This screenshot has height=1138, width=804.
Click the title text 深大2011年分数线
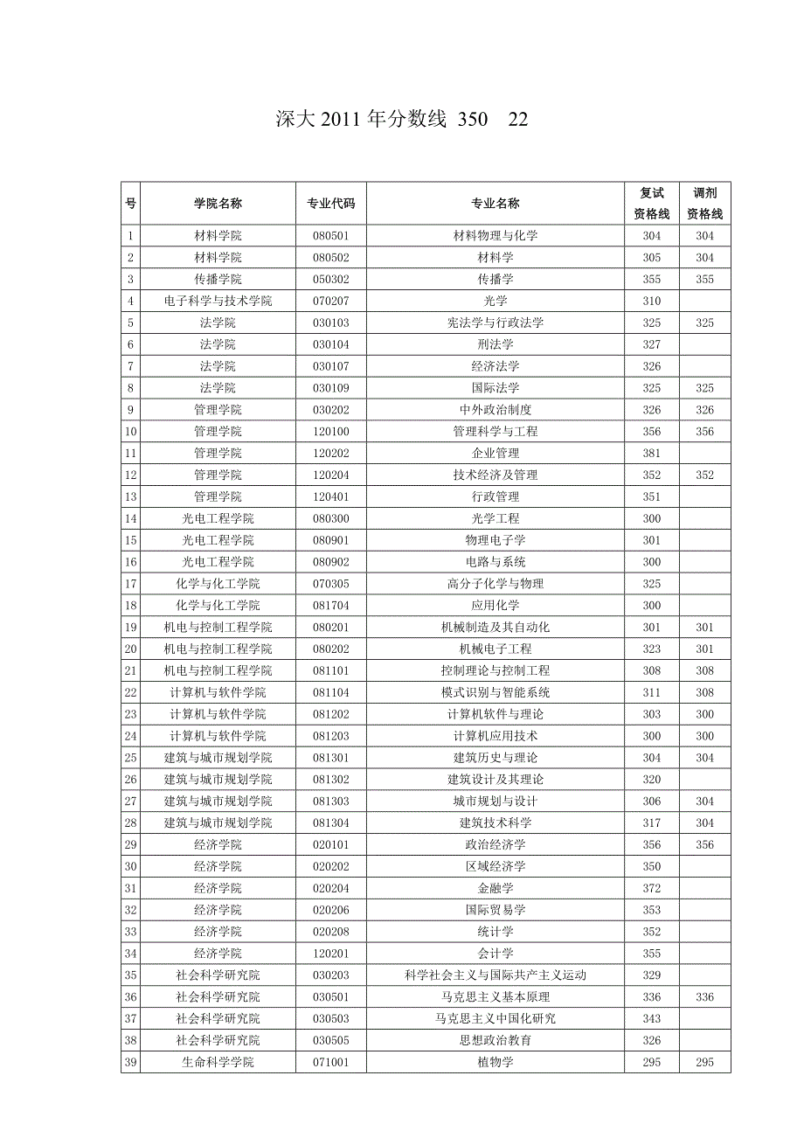pos(361,121)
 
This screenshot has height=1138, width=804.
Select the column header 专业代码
pos(331,204)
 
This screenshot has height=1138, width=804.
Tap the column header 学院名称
pos(218,204)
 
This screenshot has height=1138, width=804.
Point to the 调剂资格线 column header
pos(704,204)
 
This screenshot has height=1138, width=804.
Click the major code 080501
pos(331,236)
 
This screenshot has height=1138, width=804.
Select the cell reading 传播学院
pos(218,280)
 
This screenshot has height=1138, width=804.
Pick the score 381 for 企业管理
pos(652,454)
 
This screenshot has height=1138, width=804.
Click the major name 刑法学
pos(496,345)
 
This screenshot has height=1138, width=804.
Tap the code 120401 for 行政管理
pos(331,497)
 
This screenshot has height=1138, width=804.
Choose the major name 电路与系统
pos(496,562)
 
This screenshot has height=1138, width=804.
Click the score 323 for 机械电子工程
pos(652,649)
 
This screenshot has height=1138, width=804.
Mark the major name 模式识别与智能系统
pos(496,693)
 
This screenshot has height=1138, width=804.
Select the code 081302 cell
pos(331,780)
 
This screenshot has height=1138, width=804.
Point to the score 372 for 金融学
pos(652,888)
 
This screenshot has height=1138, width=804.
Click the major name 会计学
pos(496,954)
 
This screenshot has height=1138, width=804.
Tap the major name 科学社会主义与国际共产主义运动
pos(496,975)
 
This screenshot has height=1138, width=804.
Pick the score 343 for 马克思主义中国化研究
pos(652,1019)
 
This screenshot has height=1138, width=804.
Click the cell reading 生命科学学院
pos(218,1062)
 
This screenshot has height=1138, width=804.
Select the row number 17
pos(131,584)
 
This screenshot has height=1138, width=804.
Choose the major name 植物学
pos(496,1062)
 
